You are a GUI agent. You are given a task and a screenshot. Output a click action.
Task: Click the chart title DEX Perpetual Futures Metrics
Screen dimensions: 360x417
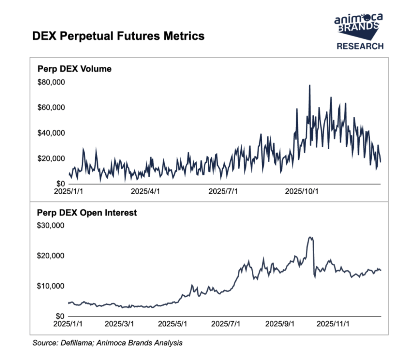click(x=118, y=36)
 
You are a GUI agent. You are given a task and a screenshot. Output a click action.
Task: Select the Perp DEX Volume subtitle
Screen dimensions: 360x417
click(x=74, y=69)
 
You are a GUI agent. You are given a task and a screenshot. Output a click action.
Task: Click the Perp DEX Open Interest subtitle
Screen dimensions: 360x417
click(x=87, y=213)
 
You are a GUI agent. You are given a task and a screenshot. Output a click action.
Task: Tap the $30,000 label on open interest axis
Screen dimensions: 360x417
click(x=51, y=226)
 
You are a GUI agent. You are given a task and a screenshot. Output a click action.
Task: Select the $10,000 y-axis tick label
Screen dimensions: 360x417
click(x=51, y=286)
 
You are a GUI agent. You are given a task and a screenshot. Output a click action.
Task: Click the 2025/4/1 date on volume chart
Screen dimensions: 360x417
click(x=146, y=191)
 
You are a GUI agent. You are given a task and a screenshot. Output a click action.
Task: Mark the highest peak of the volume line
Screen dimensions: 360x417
click(x=309, y=86)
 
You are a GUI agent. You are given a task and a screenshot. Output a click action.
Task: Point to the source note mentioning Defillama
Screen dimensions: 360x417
click(x=107, y=343)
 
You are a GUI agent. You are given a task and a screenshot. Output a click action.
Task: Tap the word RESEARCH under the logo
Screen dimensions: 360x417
click(x=360, y=46)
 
